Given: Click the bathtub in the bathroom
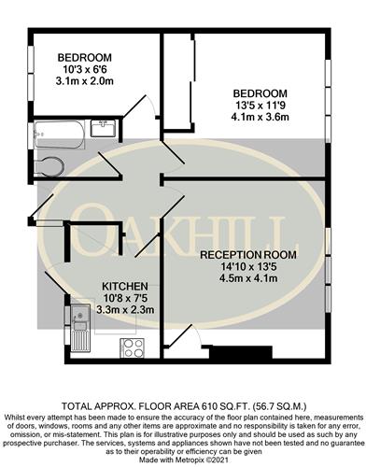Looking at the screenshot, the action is coord(59,134).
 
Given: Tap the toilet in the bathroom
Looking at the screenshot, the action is coord(49,167).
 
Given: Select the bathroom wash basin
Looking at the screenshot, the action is coord(104,128).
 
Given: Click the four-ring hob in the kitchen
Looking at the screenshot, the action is coord(133,347).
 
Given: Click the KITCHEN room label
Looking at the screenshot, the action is coord(125,286).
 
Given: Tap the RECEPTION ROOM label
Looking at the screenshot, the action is coord(248,255).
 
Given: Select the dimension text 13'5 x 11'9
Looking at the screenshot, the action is coord(260,106).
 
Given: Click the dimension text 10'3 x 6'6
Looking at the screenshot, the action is coord(84,69).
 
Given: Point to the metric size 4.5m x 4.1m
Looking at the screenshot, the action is coord(248,278).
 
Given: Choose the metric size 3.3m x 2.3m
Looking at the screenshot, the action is coord(125,310).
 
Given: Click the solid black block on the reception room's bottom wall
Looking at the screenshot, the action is coord(241,352).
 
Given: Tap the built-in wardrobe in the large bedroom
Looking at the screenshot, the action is coord(179,81).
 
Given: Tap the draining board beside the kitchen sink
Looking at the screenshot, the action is coord(80,341).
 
